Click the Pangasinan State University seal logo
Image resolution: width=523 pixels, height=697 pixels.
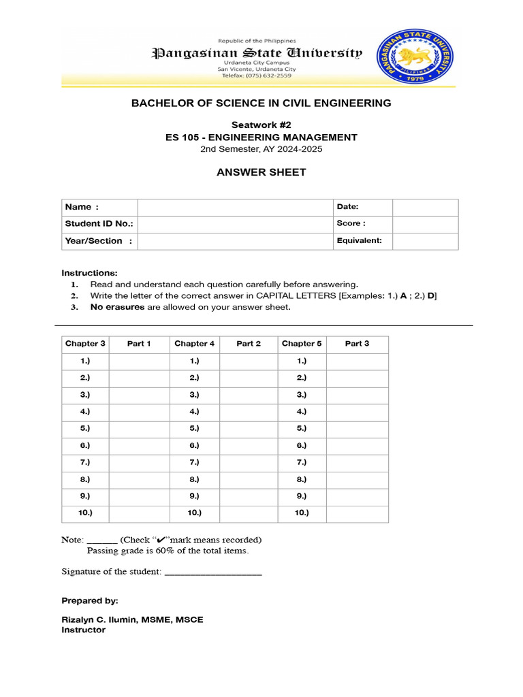click(x=417, y=56)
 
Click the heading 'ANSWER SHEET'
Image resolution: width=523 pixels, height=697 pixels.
click(x=261, y=172)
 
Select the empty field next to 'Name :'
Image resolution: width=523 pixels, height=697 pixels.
click(x=234, y=207)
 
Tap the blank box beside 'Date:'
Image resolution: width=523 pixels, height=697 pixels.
click(x=425, y=207)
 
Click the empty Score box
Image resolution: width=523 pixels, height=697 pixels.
click(x=425, y=224)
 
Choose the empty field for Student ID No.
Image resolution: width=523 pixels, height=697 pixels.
click(x=234, y=224)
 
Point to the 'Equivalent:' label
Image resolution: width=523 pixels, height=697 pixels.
click(x=359, y=241)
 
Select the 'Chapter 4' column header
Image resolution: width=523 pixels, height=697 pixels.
click(x=194, y=344)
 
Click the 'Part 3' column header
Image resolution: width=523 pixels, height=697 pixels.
click(x=357, y=344)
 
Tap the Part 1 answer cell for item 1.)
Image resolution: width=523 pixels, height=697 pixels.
click(x=139, y=361)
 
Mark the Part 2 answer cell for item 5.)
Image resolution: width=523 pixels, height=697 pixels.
click(x=249, y=429)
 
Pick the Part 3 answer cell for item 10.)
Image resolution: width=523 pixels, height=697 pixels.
click(x=357, y=513)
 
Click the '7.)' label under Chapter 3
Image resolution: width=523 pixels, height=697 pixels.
click(x=85, y=462)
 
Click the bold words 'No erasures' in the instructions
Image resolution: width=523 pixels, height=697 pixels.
click(x=117, y=308)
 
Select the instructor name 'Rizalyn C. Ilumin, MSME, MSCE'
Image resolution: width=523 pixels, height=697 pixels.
click(x=132, y=619)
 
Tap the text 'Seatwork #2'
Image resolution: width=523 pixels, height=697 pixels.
click(x=261, y=125)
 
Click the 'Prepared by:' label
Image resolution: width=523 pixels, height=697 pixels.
click(x=90, y=601)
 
